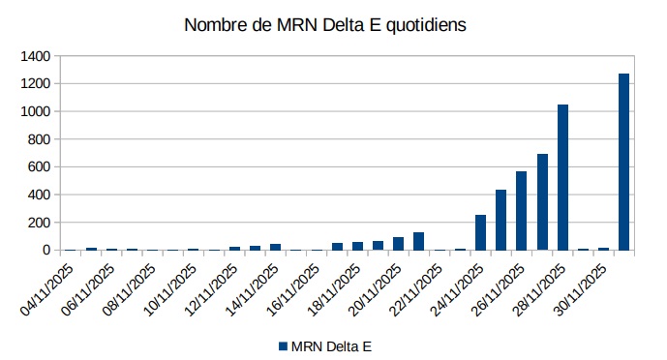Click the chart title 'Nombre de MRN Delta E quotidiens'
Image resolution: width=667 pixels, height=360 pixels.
pyautogui.click(x=325, y=25)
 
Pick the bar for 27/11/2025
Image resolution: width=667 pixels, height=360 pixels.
pyautogui.click(x=542, y=201)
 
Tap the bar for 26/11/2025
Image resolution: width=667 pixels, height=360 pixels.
pyautogui.click(x=521, y=210)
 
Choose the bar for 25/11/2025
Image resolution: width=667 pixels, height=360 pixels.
pyautogui.click(x=500, y=220)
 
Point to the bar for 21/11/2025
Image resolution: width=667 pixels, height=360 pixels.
pyautogui.click(x=418, y=241)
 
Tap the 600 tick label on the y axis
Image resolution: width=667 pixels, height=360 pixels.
pyautogui.click(x=38, y=166)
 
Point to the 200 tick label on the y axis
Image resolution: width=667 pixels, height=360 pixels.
pyautogui.click(x=38, y=223)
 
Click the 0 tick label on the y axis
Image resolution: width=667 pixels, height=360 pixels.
pyautogui.click(x=45, y=250)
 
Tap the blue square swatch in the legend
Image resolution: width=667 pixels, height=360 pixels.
pyautogui.click(x=284, y=345)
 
